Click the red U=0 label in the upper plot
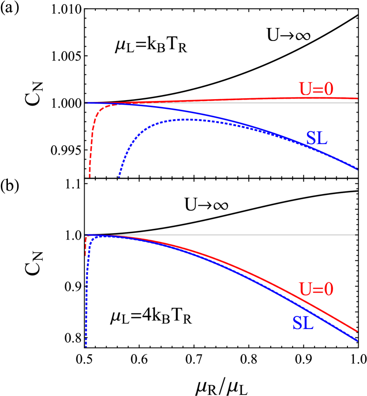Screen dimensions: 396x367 pyautogui.click(x=316, y=89)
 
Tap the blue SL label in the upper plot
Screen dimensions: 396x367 pyautogui.click(x=316, y=138)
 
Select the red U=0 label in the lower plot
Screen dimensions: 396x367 pyautogui.click(x=316, y=289)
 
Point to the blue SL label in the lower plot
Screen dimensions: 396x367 pyautogui.click(x=303, y=323)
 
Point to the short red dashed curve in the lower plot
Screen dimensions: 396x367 pyautogui.click(x=86, y=247)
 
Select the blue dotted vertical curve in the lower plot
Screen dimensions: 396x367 pyautogui.click(x=87, y=289)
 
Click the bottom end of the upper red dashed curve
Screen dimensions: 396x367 pyautogui.click(x=90, y=177)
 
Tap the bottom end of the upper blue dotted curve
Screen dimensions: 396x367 pyautogui.click(x=120, y=177)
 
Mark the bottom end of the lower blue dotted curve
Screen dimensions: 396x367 pyautogui.click(x=86, y=346)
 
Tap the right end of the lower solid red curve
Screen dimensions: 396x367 pyautogui.click(x=357, y=331)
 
